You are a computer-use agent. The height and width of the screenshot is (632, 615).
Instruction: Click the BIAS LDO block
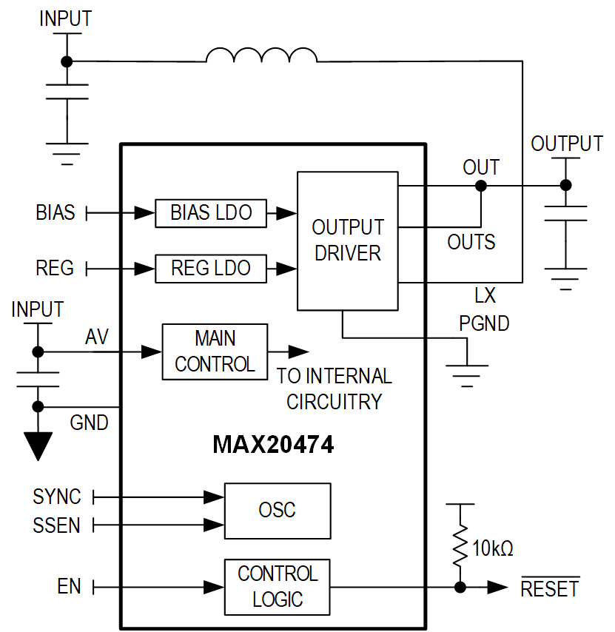pyautogui.click(x=211, y=213)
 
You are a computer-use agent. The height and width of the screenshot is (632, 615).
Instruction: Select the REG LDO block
pyautogui.click(x=211, y=268)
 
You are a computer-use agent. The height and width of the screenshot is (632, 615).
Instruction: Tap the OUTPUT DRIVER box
pyautogui.click(x=347, y=241)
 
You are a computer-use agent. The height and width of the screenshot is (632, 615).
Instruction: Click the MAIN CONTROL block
pyautogui.click(x=215, y=352)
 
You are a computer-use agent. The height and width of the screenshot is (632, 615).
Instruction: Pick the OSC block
pyautogui.click(x=277, y=510)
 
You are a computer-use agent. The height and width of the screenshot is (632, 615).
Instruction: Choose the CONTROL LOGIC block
pyautogui.click(x=277, y=587)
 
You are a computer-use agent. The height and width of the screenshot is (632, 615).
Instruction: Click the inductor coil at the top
pyautogui.click(x=261, y=56)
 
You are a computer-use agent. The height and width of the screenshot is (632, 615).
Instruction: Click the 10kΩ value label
pyautogui.click(x=493, y=549)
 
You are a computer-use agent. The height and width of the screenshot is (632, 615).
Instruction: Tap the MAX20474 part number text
pyautogui.click(x=273, y=445)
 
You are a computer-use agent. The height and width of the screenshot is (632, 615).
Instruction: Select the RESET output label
pyautogui.click(x=550, y=588)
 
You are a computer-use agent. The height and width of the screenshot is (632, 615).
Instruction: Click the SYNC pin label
pyautogui.click(x=57, y=497)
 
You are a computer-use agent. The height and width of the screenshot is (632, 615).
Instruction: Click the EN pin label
pyautogui.click(x=69, y=588)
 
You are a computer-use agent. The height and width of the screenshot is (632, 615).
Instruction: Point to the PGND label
pyautogui.click(x=484, y=323)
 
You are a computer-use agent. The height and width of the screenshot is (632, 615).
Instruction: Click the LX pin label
pyautogui.click(x=485, y=297)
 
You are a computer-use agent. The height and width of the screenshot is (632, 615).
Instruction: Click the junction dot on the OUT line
pyautogui.click(x=481, y=186)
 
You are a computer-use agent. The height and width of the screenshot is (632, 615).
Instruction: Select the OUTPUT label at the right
pyautogui.click(x=567, y=144)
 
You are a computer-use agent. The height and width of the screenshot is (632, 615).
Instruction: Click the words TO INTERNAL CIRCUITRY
pyautogui.click(x=335, y=389)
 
